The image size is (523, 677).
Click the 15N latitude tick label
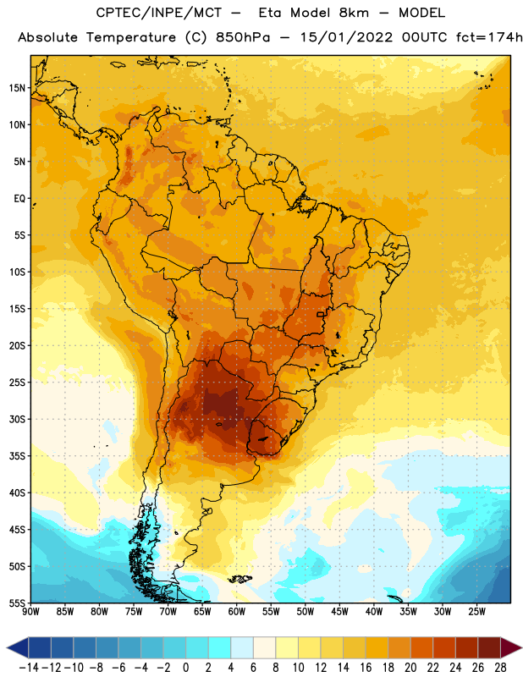click(x=17, y=88)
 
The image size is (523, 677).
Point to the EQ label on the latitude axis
click(x=19, y=199)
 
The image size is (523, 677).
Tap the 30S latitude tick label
click(x=17, y=419)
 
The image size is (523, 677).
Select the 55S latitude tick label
click(x=17, y=603)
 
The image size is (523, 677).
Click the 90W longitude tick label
click(x=30, y=612)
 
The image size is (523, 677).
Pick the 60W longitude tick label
click(x=237, y=612)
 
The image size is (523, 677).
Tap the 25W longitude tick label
click(x=476, y=612)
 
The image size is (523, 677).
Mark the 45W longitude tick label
click(x=339, y=612)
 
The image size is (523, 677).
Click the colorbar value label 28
click(x=500, y=668)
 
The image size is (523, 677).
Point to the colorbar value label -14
click(x=29, y=668)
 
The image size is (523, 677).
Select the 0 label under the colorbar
click(x=185, y=668)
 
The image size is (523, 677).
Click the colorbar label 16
click(x=366, y=668)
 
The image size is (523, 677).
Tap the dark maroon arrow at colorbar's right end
click(x=509, y=647)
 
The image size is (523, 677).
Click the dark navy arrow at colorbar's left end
click(x=18, y=647)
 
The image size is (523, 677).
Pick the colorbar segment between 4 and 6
click(x=242, y=647)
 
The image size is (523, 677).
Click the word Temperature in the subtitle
click(x=131, y=37)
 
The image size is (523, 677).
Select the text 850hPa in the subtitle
click(x=243, y=37)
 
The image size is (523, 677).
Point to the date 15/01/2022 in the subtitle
click(x=346, y=37)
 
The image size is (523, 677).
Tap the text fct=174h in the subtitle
click(x=489, y=37)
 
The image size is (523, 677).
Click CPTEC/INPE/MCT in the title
click(x=158, y=13)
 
